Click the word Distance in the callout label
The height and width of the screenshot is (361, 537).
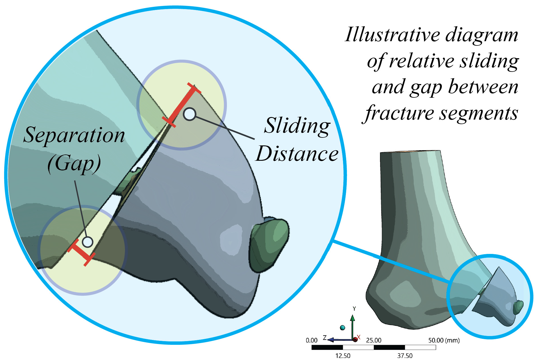297,154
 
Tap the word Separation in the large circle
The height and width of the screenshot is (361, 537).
74,135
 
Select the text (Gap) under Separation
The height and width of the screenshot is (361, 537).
74,163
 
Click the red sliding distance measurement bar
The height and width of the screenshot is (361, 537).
181,105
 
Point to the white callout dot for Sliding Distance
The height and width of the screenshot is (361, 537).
189,114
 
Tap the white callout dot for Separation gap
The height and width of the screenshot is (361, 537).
87,242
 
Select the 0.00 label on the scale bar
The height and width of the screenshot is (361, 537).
312,340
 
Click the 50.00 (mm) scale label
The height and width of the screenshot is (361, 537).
444,340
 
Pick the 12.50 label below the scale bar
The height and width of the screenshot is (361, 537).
343,356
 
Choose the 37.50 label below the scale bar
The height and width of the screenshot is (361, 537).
405,356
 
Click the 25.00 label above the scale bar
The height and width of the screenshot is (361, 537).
374,340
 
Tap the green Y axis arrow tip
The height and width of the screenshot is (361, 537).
353,317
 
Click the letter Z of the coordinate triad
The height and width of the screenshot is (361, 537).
325,338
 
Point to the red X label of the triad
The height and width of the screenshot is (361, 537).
359,337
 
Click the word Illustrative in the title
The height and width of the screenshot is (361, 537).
392,35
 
